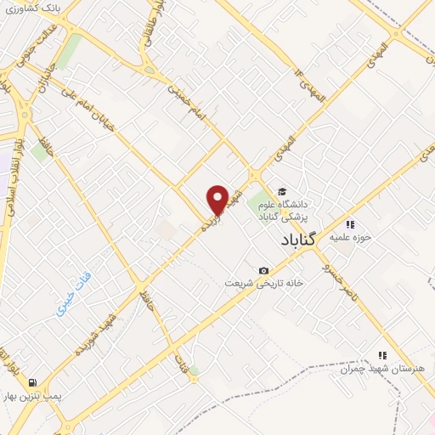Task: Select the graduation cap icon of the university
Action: tap(282, 190)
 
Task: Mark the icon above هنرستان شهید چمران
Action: tap(382, 355)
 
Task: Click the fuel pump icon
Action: tap(32, 382)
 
